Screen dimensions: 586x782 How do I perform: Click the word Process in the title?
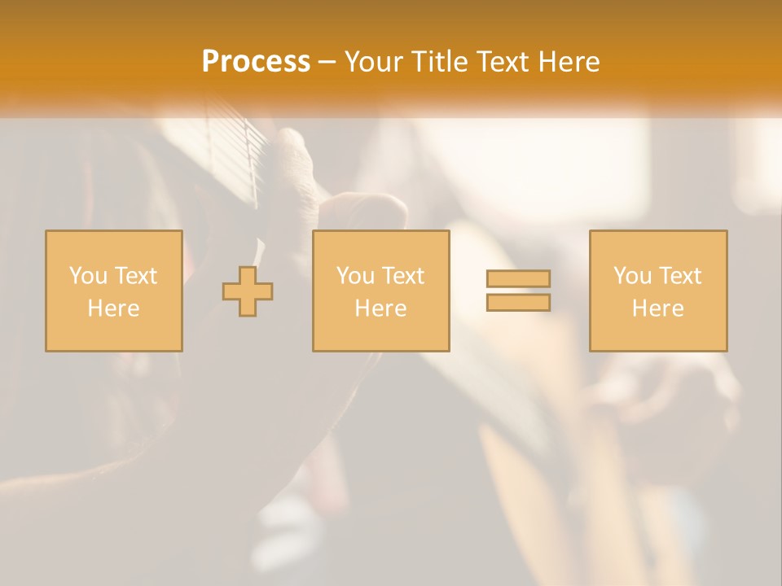click(256, 61)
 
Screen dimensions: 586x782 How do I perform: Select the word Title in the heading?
click(441, 62)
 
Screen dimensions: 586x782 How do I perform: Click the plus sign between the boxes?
click(248, 291)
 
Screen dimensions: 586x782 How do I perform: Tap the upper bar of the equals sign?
click(518, 278)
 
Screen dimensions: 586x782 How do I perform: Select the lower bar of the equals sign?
click(518, 303)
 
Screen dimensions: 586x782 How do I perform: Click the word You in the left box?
click(88, 276)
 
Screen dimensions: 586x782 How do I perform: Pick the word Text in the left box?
click(135, 276)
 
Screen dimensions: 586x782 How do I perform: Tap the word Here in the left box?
click(113, 308)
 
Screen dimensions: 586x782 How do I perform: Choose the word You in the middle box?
click(355, 276)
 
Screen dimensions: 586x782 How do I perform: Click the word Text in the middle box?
click(402, 276)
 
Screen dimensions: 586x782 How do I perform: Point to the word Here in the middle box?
click(380, 308)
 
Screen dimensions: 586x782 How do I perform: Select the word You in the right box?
click(632, 276)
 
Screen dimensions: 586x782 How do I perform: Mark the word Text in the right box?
click(679, 276)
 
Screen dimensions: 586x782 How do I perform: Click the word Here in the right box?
click(657, 308)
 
